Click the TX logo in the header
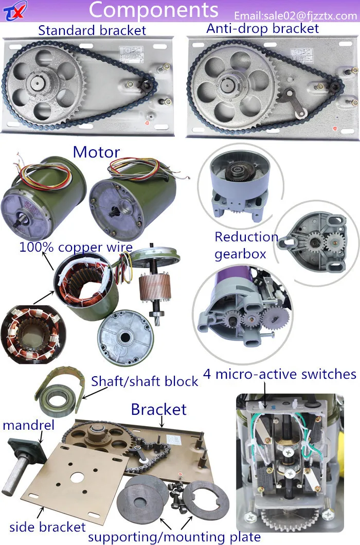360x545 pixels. point(13,12)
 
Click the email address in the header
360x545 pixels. point(295,16)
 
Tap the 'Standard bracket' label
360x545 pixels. point(92,30)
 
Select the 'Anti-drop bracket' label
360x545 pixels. point(262,28)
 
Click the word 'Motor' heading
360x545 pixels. point(96,152)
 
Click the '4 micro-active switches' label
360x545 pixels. point(280,374)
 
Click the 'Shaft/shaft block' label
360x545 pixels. point(145,381)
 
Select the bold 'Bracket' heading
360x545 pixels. point(158,410)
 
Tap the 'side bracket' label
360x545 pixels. point(47,527)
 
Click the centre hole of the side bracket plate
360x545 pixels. point(77,477)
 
